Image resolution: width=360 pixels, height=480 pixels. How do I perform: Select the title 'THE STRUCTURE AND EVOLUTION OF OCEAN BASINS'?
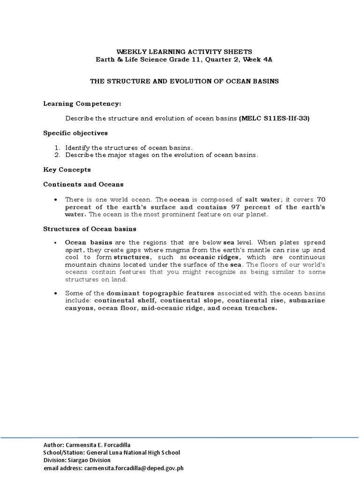184,81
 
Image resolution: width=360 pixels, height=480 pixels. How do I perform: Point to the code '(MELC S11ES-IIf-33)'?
274,119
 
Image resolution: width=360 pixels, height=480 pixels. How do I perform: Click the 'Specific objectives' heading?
75,133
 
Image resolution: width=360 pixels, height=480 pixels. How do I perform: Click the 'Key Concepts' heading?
67,169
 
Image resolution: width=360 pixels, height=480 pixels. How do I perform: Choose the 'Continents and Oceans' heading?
83,184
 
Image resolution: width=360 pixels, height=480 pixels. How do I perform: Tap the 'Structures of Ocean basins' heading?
90,229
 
